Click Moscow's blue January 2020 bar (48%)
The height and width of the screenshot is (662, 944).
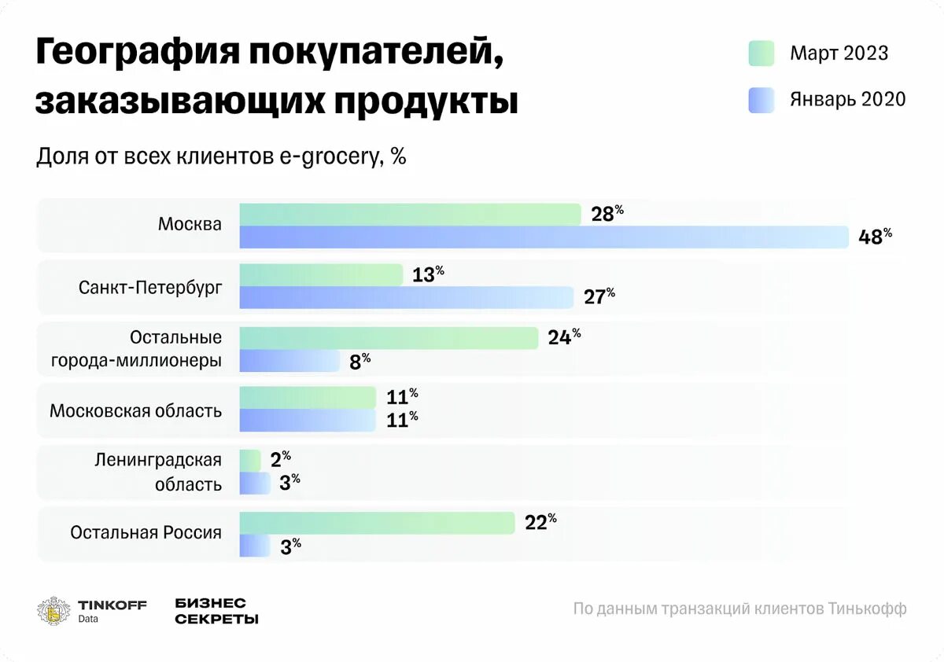point(543,237)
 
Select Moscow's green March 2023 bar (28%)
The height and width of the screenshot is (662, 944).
point(409,214)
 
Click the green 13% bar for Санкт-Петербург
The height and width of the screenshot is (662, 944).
point(321,275)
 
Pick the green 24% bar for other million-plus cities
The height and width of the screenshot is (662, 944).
point(389,337)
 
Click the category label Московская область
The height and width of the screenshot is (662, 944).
point(135,410)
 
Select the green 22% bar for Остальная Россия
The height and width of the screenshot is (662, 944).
point(377,523)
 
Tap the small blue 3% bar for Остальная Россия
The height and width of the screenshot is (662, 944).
point(254,546)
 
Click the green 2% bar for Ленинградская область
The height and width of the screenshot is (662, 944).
point(250,461)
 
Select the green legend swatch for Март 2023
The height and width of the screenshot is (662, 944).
point(761,53)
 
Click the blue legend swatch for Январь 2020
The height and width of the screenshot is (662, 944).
point(761,100)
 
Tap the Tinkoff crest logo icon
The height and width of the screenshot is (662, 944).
point(53,611)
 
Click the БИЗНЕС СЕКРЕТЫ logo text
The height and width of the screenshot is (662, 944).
point(216,611)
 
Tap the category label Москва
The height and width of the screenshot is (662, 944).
point(190,224)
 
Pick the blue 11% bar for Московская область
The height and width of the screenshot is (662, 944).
point(307,421)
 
